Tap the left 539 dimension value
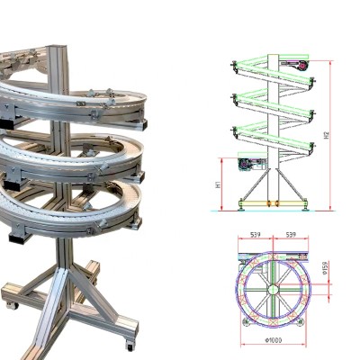coord(256,234)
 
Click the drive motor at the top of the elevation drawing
coord(297,65)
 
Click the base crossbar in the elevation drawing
coord(274,203)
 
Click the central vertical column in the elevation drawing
coord(274,135)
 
